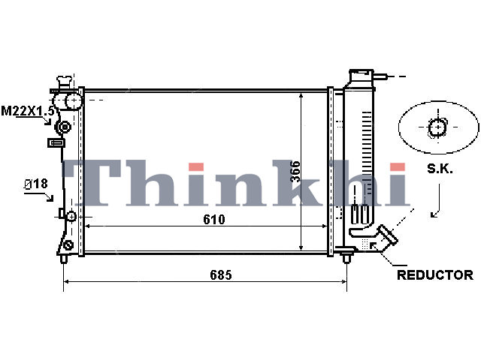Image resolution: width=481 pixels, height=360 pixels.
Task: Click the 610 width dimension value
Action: click(213, 219)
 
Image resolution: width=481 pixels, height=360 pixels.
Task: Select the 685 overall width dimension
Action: click(221, 275)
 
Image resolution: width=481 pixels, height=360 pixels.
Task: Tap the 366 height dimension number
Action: click(295, 172)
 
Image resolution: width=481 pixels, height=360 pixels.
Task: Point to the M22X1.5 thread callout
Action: click(28, 111)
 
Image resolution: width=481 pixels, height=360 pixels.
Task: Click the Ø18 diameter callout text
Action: click(36, 184)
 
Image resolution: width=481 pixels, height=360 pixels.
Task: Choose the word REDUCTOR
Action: click(435, 275)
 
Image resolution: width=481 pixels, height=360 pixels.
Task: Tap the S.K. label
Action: click(440, 169)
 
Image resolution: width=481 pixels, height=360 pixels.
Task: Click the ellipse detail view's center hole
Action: click(437, 127)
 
